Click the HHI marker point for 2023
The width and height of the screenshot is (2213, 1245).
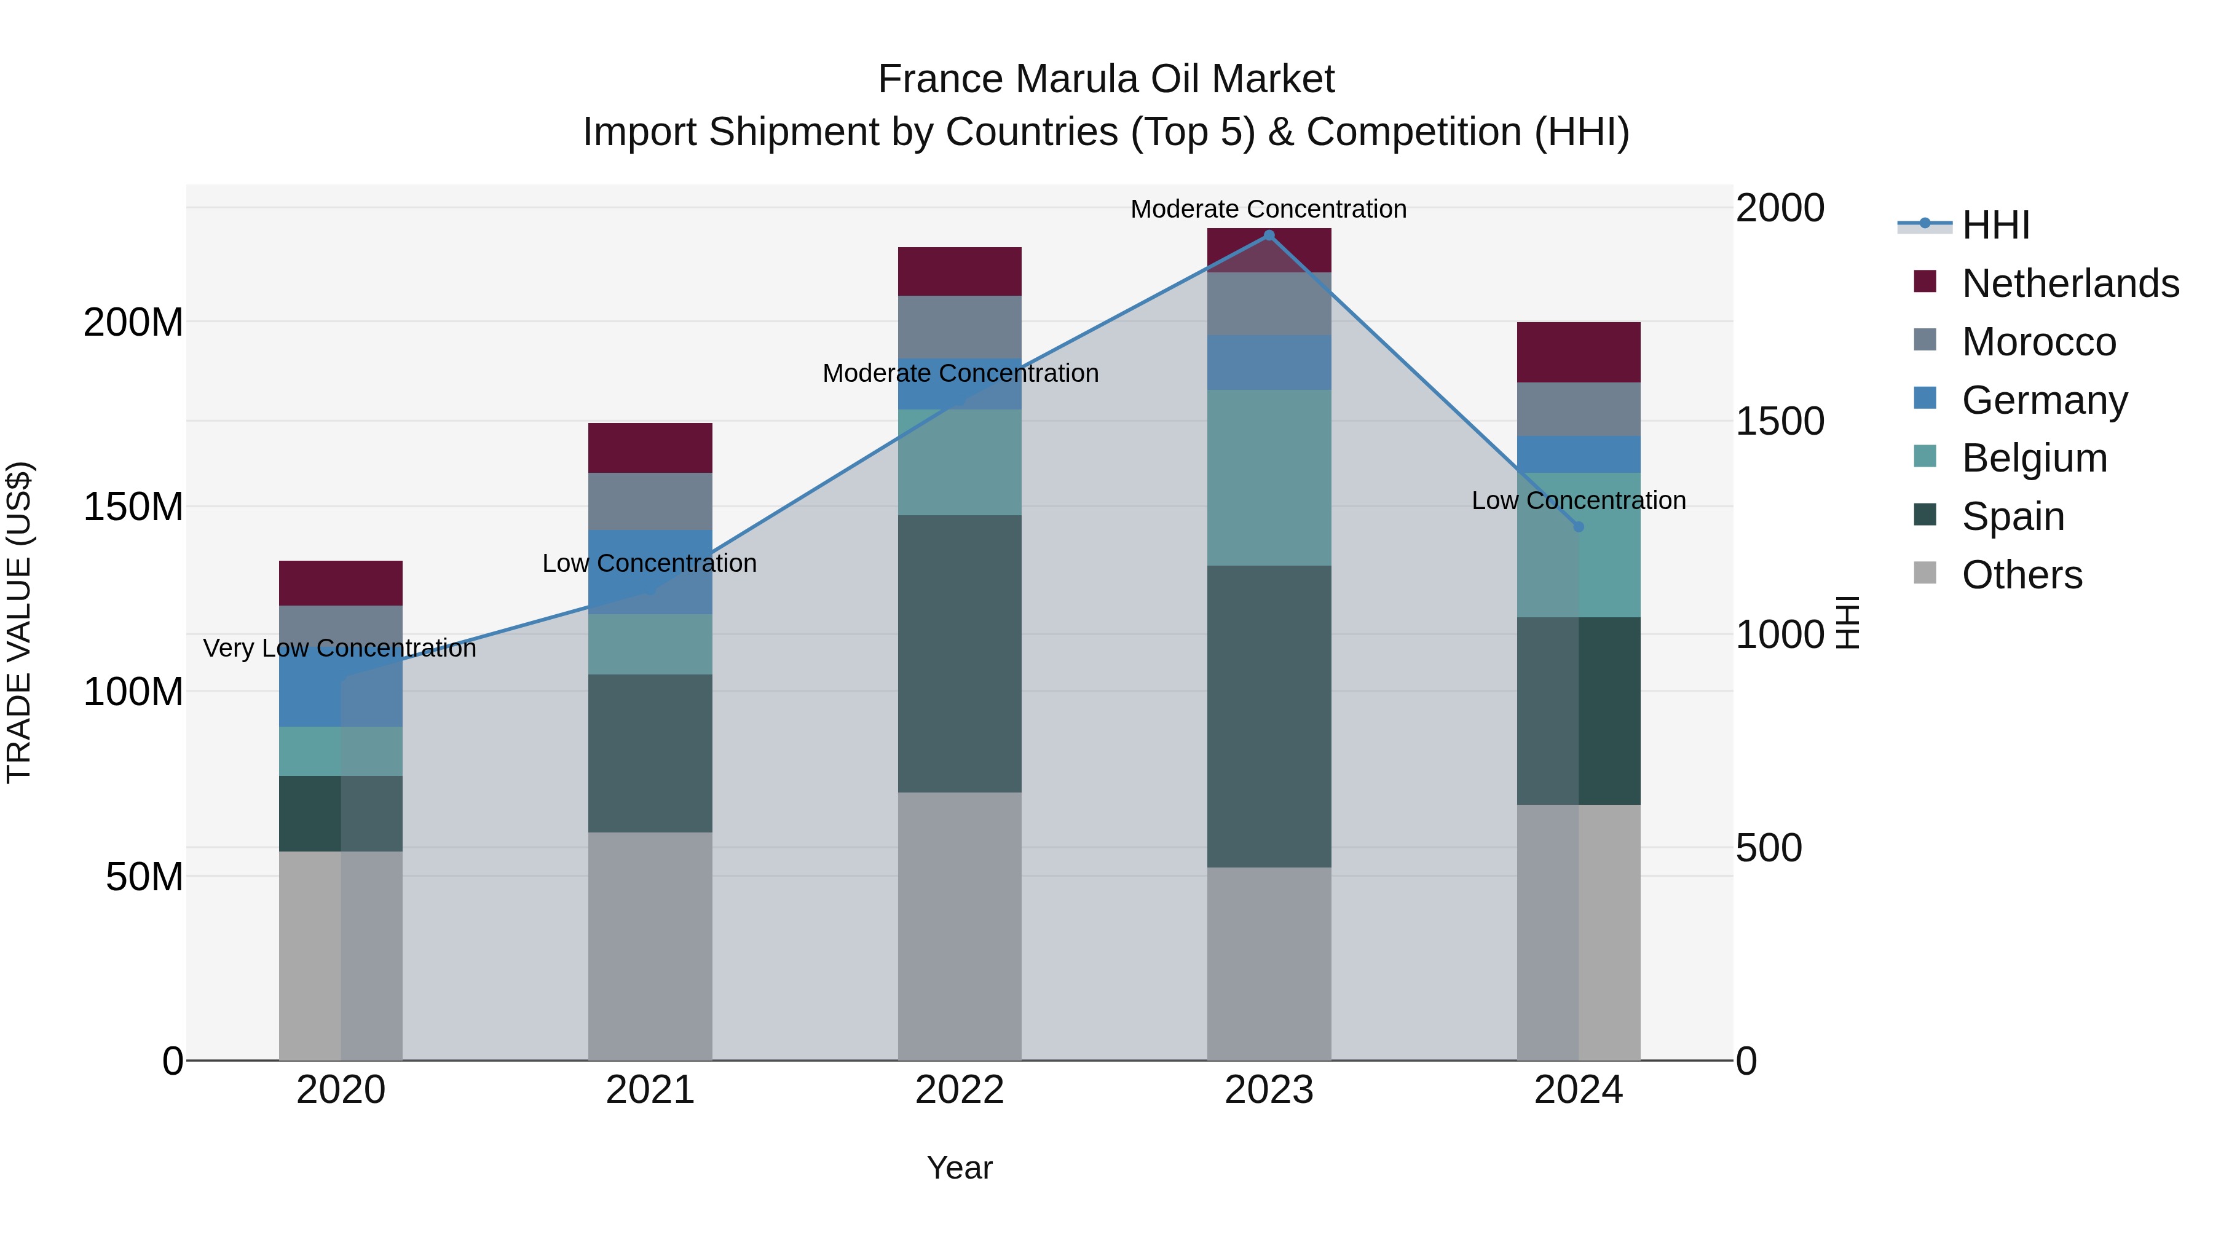[x=1269, y=235]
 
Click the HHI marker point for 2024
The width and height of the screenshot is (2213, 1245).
[x=1578, y=527]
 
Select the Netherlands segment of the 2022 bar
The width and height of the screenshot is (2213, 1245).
[x=960, y=272]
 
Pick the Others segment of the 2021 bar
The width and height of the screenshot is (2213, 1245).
[x=650, y=945]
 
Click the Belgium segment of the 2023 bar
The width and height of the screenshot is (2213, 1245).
[x=1269, y=478]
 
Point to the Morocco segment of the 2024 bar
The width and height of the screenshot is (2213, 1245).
[x=1578, y=409]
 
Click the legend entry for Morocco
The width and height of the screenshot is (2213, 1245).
[x=2038, y=342]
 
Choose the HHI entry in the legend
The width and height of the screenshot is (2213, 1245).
[x=1995, y=225]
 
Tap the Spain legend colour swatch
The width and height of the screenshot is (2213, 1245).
[x=1925, y=516]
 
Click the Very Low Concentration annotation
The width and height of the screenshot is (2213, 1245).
[x=339, y=648]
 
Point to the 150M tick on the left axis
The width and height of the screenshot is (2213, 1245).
[x=133, y=507]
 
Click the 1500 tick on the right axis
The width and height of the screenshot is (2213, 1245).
[x=1779, y=421]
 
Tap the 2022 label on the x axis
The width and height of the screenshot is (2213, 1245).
[x=960, y=1090]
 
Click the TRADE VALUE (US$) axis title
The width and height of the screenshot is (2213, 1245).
[x=19, y=622]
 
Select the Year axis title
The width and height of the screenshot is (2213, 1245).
[x=960, y=1168]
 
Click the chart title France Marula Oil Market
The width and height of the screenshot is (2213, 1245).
[x=1106, y=79]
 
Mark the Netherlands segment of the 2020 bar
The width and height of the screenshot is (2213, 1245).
[x=341, y=583]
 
